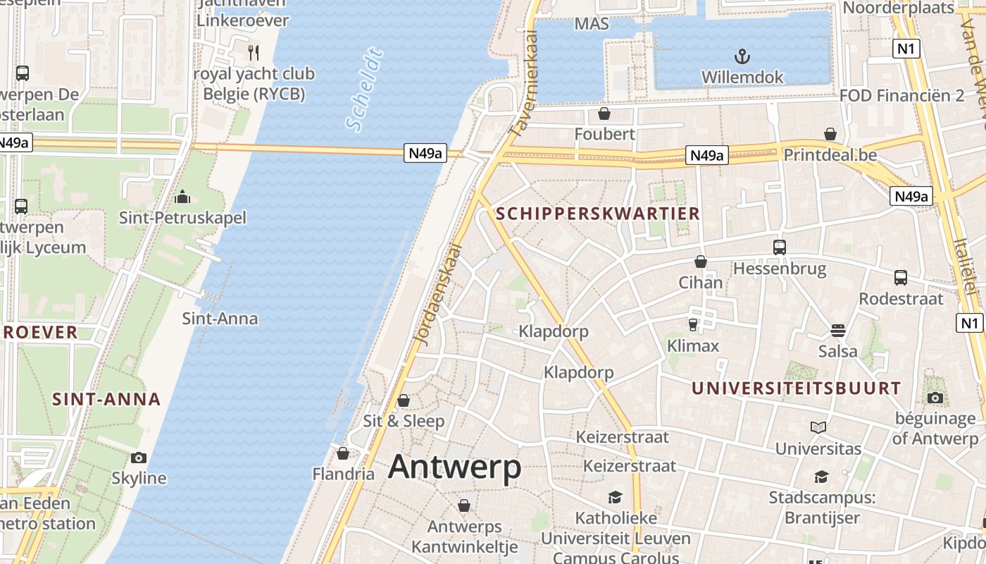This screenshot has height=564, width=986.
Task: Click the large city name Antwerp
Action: click(455, 467)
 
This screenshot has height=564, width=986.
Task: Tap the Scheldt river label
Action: click(365, 90)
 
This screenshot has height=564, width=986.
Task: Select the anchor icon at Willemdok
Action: click(742, 56)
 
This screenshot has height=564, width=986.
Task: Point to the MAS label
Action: click(592, 24)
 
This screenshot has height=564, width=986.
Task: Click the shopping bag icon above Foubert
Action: click(604, 114)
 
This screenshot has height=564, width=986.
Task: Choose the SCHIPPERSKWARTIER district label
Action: click(598, 214)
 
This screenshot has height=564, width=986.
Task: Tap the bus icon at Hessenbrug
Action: click(779, 247)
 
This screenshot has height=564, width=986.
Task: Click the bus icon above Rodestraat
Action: click(900, 278)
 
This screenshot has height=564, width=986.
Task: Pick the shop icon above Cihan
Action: click(701, 262)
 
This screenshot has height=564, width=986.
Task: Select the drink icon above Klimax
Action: click(693, 324)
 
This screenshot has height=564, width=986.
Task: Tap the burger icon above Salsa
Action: click(837, 330)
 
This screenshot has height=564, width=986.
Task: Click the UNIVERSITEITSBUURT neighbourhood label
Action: click(796, 388)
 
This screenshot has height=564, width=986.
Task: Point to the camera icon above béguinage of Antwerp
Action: click(935, 398)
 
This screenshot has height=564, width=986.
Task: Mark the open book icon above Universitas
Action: click(818, 427)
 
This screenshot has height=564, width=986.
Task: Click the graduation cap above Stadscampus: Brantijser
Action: click(821, 477)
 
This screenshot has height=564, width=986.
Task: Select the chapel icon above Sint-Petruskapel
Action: click(182, 197)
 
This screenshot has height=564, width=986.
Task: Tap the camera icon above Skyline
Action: click(139, 458)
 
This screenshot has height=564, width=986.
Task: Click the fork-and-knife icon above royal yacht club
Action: click(254, 52)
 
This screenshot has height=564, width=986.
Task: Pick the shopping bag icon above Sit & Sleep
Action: click(404, 400)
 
